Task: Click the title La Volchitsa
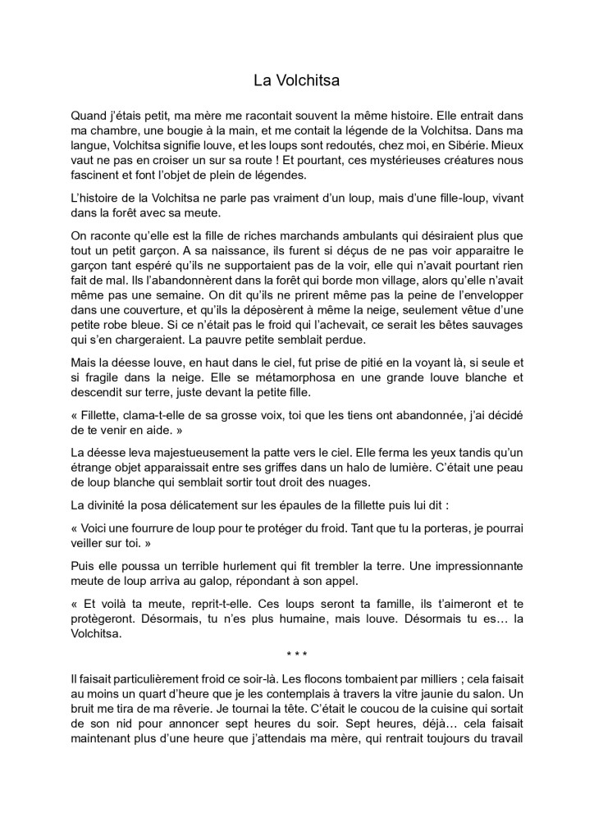tap(296, 80)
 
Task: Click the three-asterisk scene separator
tap(296, 655)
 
